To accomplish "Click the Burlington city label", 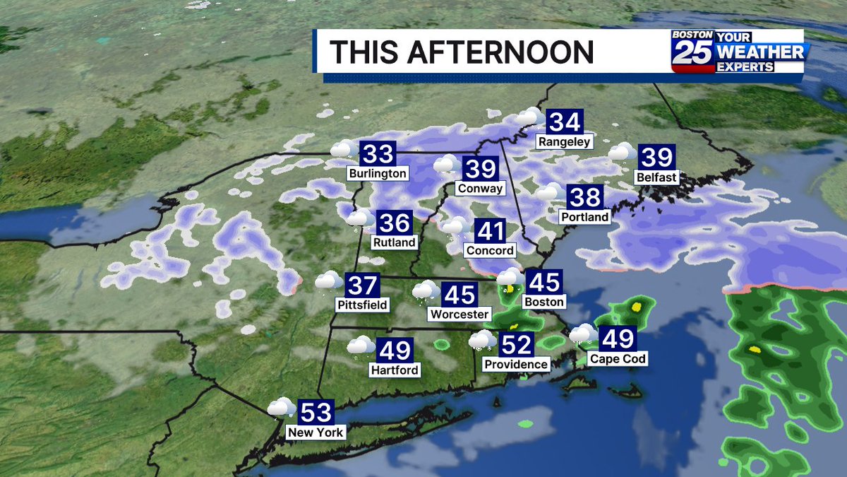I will point(378,173).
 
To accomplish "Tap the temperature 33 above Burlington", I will point(378,153).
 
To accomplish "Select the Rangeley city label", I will point(564,141).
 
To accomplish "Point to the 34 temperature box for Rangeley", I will point(565,122).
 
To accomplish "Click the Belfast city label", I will point(656,177).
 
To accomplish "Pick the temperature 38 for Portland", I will point(583,197).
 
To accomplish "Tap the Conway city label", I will point(480,189).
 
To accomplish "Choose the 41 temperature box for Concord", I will point(491,231).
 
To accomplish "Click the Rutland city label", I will point(395,242).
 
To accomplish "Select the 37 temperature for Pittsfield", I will point(364,285).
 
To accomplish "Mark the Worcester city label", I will point(459,314).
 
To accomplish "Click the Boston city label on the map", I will point(544,302).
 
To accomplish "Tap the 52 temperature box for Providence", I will point(515,345).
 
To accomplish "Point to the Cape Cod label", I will point(618,359).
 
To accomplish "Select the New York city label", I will point(316,432).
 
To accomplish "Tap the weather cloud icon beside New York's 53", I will point(281,408).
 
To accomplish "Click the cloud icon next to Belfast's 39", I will point(622,152).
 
